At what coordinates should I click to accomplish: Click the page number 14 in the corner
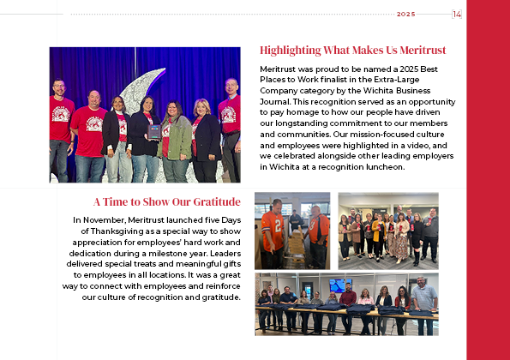pyautogui.click(x=457, y=14)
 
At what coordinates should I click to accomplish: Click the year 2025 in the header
pyautogui.click(x=405, y=15)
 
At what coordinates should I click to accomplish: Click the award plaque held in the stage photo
pyautogui.click(x=153, y=131)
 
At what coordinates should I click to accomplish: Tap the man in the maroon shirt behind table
pyautogui.click(x=348, y=300)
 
